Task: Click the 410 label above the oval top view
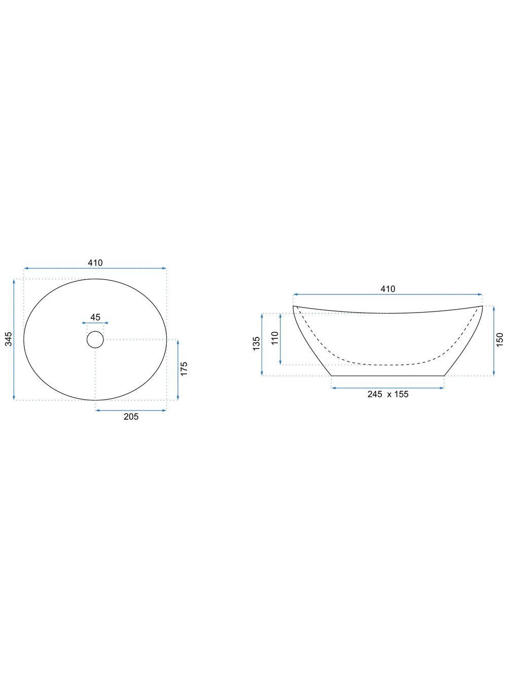(x=95, y=263)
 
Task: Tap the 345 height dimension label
(x=9, y=339)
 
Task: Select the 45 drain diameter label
(x=95, y=317)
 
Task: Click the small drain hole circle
(x=95, y=340)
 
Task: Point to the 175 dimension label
(x=184, y=368)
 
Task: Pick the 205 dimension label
(x=131, y=417)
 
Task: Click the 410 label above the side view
(x=388, y=289)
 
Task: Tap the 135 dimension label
(x=256, y=344)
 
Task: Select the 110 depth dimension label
(x=275, y=338)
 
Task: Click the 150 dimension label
(x=499, y=340)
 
